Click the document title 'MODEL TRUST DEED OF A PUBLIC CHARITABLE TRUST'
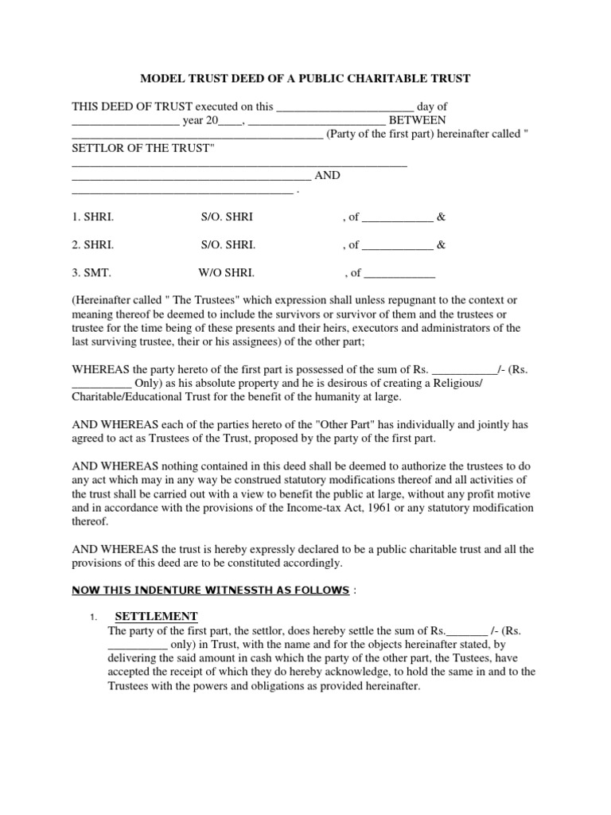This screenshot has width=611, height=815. (x=305, y=79)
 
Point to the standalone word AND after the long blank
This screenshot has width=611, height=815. (x=328, y=176)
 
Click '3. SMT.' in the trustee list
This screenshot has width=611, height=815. (x=91, y=272)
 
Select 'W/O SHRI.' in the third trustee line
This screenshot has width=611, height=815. (x=226, y=272)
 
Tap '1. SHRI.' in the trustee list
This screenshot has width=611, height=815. (x=92, y=217)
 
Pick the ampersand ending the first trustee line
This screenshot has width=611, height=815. (x=442, y=217)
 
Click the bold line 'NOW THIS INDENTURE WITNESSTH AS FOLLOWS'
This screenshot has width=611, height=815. (x=211, y=590)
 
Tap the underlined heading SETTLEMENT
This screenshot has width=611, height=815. (x=156, y=617)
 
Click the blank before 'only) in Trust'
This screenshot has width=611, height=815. (x=137, y=645)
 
